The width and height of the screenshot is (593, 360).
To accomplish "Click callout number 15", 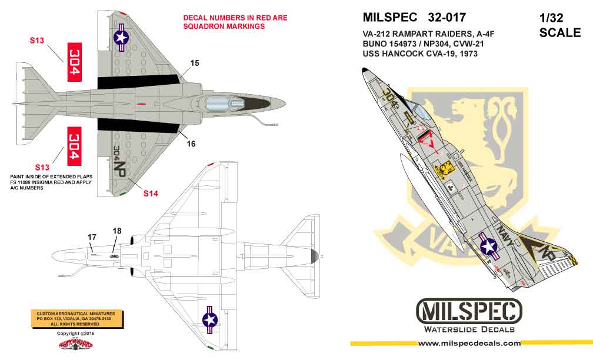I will point(195,62).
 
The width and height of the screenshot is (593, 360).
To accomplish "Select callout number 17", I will point(92,237).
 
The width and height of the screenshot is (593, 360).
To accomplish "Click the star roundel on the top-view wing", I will point(121,38).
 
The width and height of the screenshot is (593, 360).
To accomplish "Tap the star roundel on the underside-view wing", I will point(210,320).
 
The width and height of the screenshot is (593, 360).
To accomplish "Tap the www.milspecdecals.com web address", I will point(468,343).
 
